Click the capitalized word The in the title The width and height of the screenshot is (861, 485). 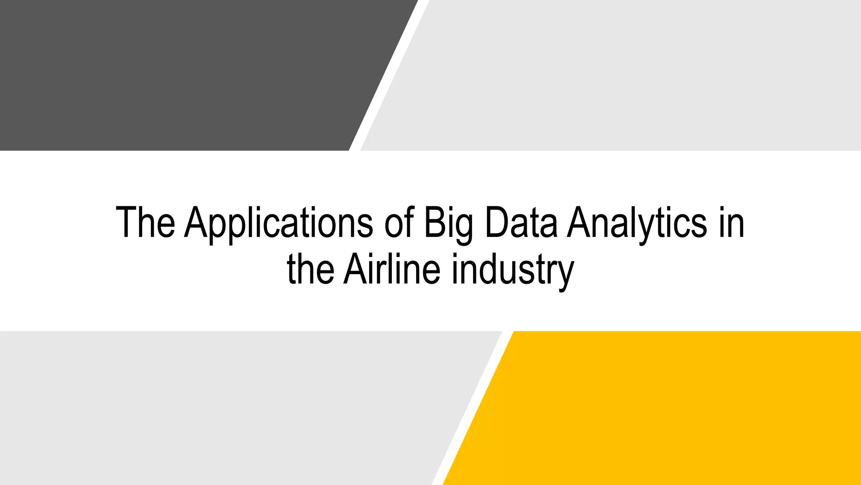click(x=145, y=222)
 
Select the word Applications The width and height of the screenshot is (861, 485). click(x=279, y=223)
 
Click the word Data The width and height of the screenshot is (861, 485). click(x=521, y=222)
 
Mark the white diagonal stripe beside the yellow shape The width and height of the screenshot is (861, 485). click(x=473, y=408)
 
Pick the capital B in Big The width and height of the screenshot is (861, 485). click(x=433, y=222)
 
